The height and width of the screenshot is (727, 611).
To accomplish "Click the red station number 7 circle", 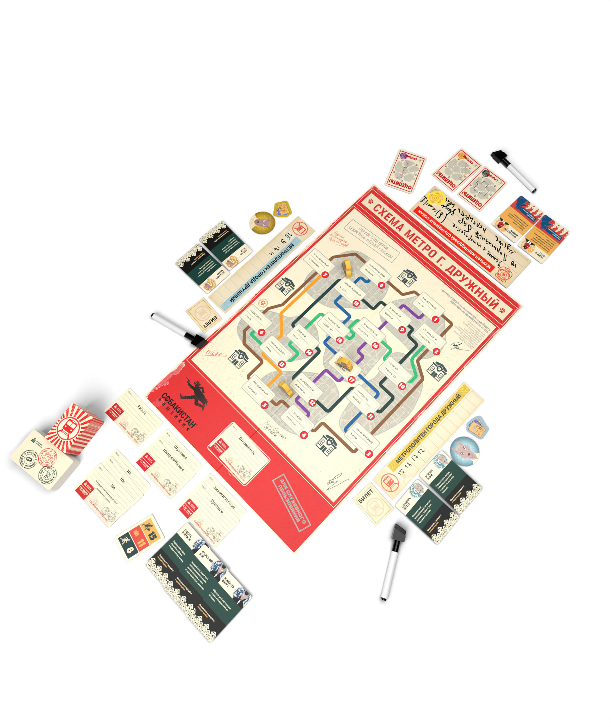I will click(x=325, y=275).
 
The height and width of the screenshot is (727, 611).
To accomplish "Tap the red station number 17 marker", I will click(x=352, y=379).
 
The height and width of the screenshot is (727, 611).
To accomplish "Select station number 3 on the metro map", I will click(x=368, y=453).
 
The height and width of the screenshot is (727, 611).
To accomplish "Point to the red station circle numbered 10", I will click(x=402, y=386).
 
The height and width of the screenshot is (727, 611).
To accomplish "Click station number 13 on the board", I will click(x=281, y=364).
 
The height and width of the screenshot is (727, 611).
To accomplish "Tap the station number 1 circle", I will click(x=435, y=319).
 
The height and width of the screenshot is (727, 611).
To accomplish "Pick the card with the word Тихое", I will click(x=134, y=416).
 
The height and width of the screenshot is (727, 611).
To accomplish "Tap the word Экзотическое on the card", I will click(x=224, y=497).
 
